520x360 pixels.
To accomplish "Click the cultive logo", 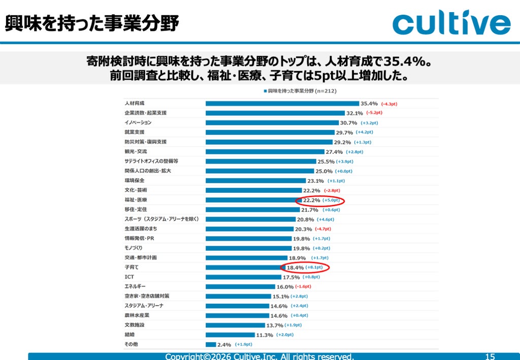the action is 451,22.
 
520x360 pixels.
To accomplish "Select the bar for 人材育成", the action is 282,104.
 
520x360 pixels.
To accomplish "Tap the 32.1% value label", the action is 354,113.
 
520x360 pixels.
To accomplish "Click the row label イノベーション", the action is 138,122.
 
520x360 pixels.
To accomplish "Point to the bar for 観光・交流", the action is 265,152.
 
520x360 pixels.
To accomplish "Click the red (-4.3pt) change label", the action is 389,104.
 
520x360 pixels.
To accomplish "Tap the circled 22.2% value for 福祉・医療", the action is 311,200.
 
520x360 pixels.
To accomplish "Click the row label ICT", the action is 129,277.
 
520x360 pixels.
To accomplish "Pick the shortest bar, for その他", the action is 211,344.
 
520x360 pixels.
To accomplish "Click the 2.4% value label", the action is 224,345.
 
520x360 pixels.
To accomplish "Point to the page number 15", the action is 490,356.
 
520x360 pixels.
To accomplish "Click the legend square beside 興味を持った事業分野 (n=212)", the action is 265,91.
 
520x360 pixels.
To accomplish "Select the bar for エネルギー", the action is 240,287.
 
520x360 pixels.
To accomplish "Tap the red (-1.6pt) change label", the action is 303,286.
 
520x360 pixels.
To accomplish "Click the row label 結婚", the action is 129,335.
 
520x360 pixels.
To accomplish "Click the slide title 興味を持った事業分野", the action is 92,23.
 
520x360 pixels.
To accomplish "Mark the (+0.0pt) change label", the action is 344,171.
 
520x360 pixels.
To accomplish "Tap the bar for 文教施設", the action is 235,325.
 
